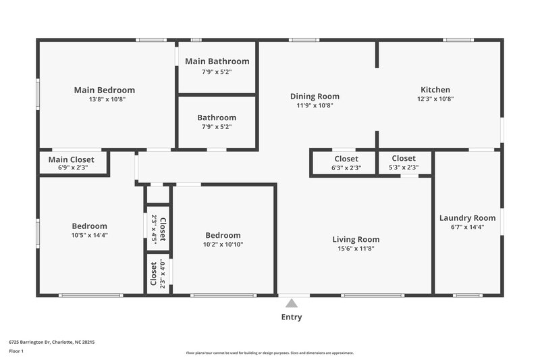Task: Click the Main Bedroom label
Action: pyautogui.click(x=104, y=90)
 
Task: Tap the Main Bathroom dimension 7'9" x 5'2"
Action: pyautogui.click(x=217, y=72)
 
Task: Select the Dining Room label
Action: pyautogui.click(x=315, y=96)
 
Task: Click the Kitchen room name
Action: pyautogui.click(x=435, y=89)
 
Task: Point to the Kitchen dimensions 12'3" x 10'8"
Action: pyautogui.click(x=435, y=99)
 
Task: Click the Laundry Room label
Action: pyautogui.click(x=467, y=217)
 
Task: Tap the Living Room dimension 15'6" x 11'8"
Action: pyautogui.click(x=355, y=249)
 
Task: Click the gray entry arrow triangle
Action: pyautogui.click(x=292, y=303)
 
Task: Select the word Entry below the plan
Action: pyautogui.click(x=292, y=317)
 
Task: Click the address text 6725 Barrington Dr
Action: pyautogui.click(x=52, y=342)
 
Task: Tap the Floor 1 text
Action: pyautogui.click(x=17, y=352)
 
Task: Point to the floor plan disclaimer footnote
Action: pyautogui.click(x=269, y=353)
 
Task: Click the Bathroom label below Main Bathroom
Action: pyautogui.click(x=217, y=118)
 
